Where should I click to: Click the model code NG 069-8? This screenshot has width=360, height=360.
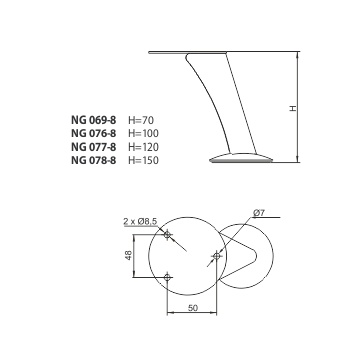coord(94,120)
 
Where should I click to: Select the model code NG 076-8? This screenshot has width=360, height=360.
coord(94,133)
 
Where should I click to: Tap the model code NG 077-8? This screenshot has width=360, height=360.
coord(94,147)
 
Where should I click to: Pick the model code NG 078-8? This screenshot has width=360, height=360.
coord(94,160)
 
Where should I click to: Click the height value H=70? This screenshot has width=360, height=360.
coord(141,120)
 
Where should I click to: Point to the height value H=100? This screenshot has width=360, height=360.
coord(143,133)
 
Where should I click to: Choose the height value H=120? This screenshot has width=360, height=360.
coord(143,147)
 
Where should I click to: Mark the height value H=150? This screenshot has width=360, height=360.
coord(143,160)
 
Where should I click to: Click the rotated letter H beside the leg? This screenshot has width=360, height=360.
coord(293,108)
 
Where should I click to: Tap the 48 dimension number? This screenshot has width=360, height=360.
coord(128,255)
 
